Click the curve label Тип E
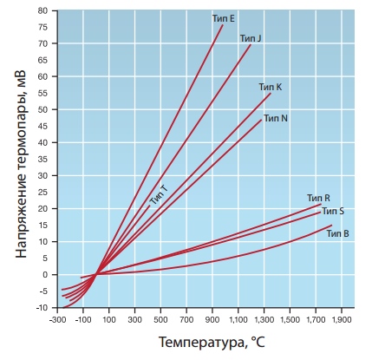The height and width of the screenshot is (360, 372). pos(224,18)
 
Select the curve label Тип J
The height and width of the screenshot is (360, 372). pos(251,38)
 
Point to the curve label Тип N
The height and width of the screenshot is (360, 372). pos(276,118)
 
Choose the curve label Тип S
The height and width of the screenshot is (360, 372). pos(333,211)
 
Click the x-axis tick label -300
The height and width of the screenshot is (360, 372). pos(57,320)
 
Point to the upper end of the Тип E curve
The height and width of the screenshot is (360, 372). pos(223,25)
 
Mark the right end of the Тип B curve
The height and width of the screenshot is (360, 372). pos(331,226)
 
